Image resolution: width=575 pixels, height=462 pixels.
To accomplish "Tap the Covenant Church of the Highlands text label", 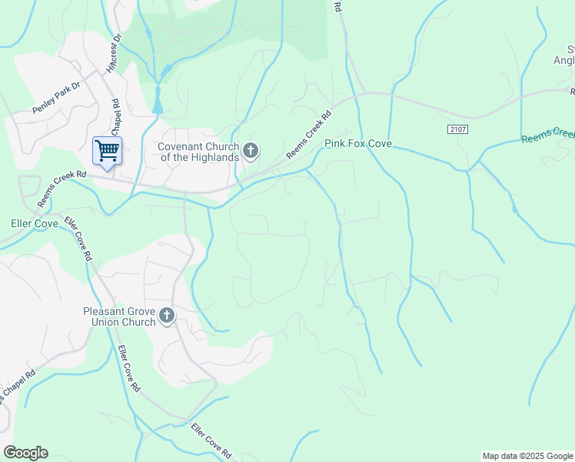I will pos(199,152).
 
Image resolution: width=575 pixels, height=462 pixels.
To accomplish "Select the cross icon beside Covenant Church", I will pos(251,151).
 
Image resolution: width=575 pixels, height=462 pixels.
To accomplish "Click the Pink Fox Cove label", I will pos(358,144).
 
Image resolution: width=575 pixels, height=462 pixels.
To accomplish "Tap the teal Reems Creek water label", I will pos(547,136).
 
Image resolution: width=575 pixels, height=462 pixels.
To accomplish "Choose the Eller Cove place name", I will pos(35,224).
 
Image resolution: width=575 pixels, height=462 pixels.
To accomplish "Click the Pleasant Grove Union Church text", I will pos(119,316).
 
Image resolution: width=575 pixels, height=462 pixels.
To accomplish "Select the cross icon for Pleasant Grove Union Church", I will pos(167,316).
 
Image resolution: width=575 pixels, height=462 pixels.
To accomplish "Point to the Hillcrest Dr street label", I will pos(115,50).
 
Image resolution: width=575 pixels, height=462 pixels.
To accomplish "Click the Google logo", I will pos(25,453).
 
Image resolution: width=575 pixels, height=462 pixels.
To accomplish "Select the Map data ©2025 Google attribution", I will pos(527,456).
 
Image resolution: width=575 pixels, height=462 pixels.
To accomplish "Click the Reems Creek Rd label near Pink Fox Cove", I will pos(308,136).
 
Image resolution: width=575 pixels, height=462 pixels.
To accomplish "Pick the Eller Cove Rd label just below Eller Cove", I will pos(78,239).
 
